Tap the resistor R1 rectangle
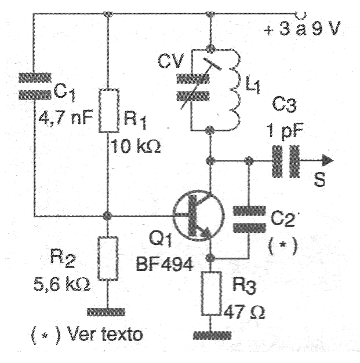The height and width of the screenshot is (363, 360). [108, 111]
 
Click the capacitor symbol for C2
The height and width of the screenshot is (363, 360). [249, 218]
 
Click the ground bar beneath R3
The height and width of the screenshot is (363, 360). [211, 335]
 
